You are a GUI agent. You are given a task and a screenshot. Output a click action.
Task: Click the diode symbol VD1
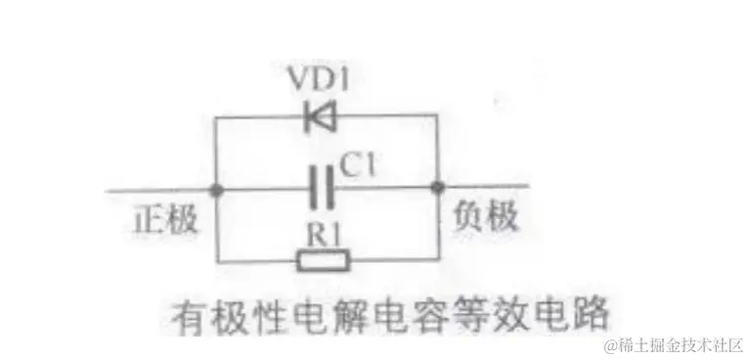coord(320,117)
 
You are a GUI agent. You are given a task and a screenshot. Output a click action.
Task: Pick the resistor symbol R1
coord(322,260)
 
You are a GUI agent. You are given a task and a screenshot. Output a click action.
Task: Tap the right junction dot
coord(437,186)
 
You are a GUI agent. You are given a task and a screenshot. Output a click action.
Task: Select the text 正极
coord(165,219)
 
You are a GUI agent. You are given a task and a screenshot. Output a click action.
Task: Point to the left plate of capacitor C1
coord(312,186)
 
